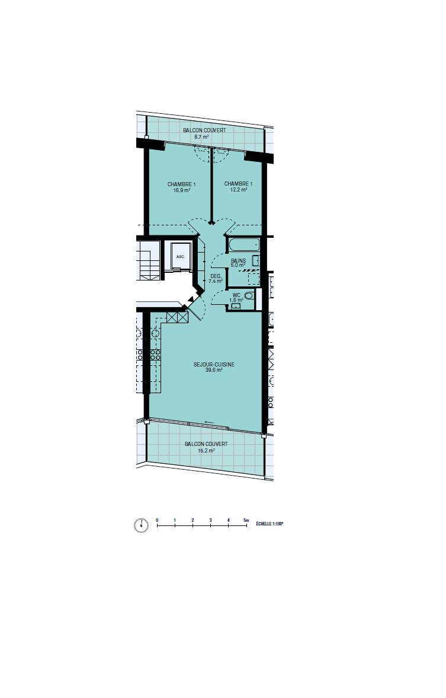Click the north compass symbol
tap(141, 525)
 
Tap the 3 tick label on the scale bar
tap(210, 520)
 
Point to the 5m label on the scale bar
tap(246, 520)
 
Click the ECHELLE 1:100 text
tap(269, 524)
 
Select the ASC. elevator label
tap(180, 257)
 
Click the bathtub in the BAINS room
tap(243, 246)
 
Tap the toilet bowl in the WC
tap(249, 295)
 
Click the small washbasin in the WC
tap(234, 306)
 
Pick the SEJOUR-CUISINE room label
tap(214, 365)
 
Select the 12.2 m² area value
tap(238, 190)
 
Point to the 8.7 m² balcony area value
tap(201, 136)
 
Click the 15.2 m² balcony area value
tap(206, 451)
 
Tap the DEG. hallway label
tap(215, 276)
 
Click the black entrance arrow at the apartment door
tap(191, 299)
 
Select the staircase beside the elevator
tap(149, 260)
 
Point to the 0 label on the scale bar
tap(157, 520)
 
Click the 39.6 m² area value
tap(214, 370)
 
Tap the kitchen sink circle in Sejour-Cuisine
tap(155, 333)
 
